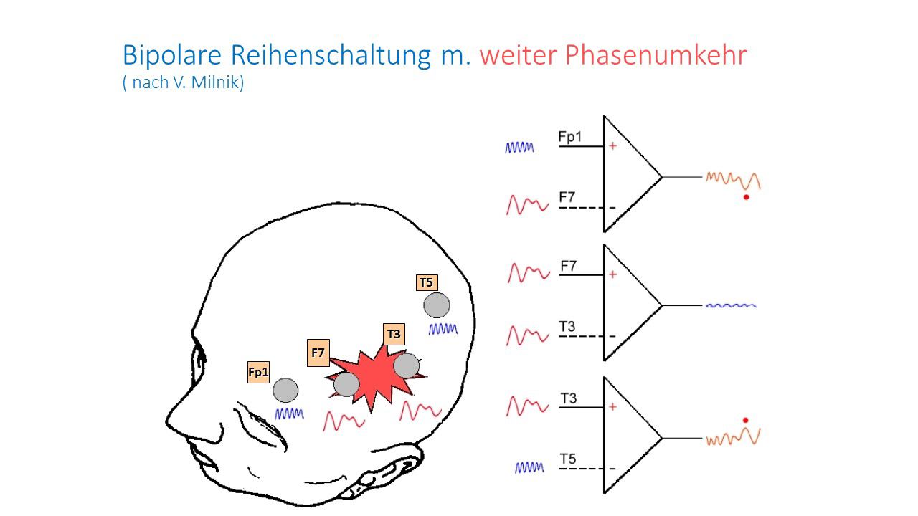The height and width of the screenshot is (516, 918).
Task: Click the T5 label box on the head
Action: (426, 282)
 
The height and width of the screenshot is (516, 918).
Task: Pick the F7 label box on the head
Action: (318, 353)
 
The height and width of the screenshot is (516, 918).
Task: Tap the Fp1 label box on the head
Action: (258, 372)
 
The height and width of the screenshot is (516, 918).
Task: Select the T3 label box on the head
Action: (394, 334)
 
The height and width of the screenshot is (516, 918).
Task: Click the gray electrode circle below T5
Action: (437, 305)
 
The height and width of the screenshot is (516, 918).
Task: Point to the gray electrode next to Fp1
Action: (285, 390)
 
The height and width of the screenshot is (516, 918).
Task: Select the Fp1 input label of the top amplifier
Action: (570, 137)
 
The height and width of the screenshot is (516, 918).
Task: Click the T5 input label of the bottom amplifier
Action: (568, 459)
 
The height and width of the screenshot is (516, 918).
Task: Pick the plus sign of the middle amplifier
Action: (612, 274)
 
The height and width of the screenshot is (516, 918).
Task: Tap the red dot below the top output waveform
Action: (746, 196)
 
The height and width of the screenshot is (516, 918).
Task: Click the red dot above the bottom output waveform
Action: (745, 420)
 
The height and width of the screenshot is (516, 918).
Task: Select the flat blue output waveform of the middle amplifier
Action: (731, 305)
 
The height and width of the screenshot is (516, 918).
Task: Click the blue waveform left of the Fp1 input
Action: (519, 148)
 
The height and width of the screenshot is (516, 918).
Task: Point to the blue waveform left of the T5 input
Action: (530, 467)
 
